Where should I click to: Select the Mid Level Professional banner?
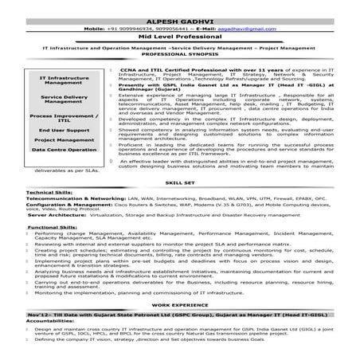pyautogui.click(x=179, y=37)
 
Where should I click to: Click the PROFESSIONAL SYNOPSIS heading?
pyautogui.click(x=179, y=60)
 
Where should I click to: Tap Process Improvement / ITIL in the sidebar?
pyautogui.click(x=65, y=119)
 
